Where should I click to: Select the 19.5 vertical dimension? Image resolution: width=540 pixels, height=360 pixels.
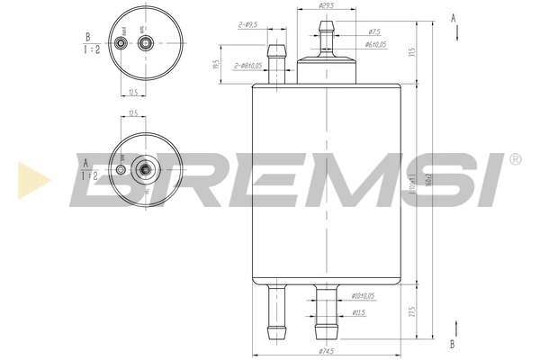point(215,65)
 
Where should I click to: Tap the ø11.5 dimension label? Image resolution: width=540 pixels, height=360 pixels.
point(357,312)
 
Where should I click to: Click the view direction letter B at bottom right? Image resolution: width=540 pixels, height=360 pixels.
point(453,343)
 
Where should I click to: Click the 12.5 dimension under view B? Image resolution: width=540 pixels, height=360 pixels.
point(132,92)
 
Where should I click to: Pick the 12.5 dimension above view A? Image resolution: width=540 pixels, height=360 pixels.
point(132,113)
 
